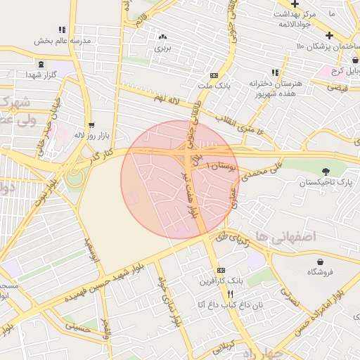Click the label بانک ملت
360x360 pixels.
click(x=214, y=85)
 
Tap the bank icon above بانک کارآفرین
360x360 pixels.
click(x=221, y=270)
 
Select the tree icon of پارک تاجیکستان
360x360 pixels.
click(x=326, y=172)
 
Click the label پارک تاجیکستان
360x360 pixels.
click(x=326, y=182)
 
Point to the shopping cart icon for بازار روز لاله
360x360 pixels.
click(x=91, y=124)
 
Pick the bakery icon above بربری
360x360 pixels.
click(x=163, y=37)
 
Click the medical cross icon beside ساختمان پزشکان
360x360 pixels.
click(x=329, y=34)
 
